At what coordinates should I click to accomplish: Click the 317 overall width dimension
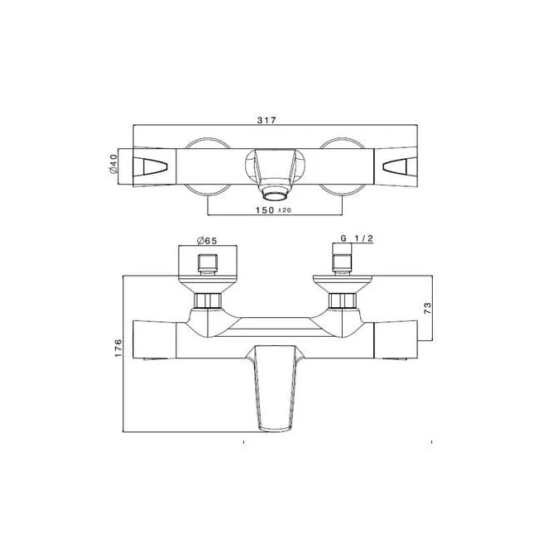pyautogui.click(x=267, y=120)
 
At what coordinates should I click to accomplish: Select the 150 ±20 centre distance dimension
pyautogui.click(x=270, y=211)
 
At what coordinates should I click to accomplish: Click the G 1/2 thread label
pyautogui.click(x=357, y=240)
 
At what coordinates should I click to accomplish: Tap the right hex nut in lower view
pyautogui.click(x=340, y=300)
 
